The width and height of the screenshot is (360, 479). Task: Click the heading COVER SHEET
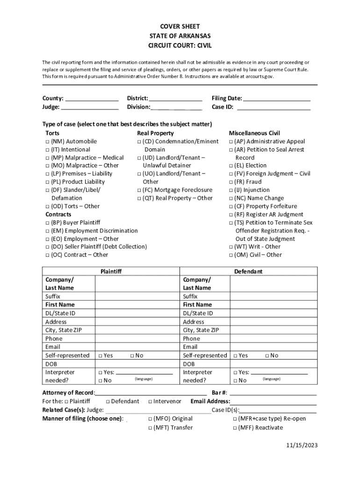pos(180,28)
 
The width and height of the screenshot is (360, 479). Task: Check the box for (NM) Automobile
pos(48,142)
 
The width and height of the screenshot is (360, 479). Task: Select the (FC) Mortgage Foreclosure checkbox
pos(139,190)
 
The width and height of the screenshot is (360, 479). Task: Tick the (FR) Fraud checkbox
pos(231,182)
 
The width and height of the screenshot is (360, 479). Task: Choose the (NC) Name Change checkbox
pos(231,198)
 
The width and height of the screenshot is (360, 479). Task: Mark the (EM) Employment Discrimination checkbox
pos(48,231)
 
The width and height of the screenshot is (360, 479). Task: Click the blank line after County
pos(92,99)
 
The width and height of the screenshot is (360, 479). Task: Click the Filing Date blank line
pos(277,99)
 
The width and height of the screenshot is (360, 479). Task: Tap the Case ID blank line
pos(274,108)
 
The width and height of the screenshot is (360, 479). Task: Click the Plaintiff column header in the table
pos(111,271)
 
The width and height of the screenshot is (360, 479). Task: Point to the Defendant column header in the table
pos(248,271)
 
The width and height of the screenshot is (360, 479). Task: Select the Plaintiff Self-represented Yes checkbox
pos(101,356)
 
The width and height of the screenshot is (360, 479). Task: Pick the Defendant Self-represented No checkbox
pos(267,356)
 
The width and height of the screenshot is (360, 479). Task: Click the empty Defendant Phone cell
pos(273,339)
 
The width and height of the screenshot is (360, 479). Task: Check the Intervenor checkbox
pos(151,402)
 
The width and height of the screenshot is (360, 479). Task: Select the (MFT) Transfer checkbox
pos(150,428)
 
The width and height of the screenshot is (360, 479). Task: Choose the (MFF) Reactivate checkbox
pos(235,428)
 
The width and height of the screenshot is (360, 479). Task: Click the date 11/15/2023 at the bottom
pos(302,445)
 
